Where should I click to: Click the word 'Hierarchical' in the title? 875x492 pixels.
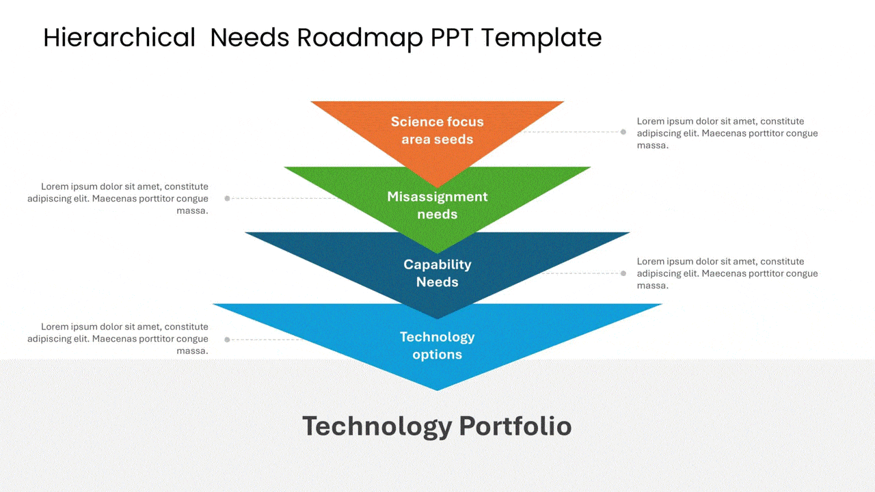pyautogui.click(x=119, y=38)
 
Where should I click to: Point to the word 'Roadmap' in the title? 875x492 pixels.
pyautogui.click(x=360, y=38)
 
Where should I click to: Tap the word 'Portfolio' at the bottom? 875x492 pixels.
pyautogui.click(x=515, y=426)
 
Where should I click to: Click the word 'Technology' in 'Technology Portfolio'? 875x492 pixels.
pyautogui.click(x=377, y=426)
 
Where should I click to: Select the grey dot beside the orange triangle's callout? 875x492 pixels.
pyautogui.click(x=623, y=132)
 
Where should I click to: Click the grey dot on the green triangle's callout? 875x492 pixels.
pyautogui.click(x=228, y=198)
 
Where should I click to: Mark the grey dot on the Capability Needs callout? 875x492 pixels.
pyautogui.click(x=623, y=273)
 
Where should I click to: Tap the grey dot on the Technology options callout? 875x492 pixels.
pyautogui.click(x=228, y=340)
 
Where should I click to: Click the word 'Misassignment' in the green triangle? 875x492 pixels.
pyautogui.click(x=437, y=197)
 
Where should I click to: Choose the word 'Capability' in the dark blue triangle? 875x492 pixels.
pyautogui.click(x=437, y=264)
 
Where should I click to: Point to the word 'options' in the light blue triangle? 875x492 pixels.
pyautogui.click(x=437, y=355)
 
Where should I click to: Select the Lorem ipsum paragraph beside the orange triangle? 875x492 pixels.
pyautogui.click(x=727, y=133)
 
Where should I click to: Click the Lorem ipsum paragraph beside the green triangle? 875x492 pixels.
pyautogui.click(x=118, y=199)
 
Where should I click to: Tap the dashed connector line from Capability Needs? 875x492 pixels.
pyautogui.click(x=581, y=273)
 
